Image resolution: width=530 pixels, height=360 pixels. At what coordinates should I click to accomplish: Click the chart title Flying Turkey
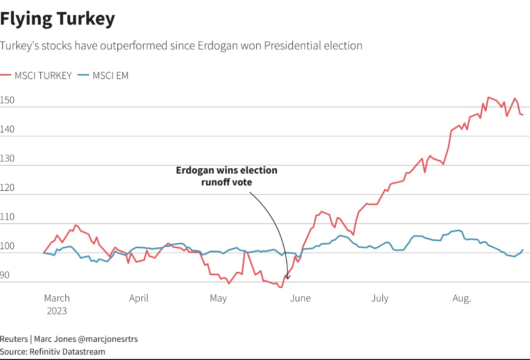57,19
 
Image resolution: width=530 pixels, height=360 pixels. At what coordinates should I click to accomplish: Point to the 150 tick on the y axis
7,101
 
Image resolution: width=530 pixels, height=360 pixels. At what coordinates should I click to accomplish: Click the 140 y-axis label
7,130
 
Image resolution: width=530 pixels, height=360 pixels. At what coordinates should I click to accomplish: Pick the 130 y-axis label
7,159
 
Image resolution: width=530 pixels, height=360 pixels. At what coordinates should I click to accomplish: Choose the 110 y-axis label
7,217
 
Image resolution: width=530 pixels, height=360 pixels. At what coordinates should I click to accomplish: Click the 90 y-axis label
5,276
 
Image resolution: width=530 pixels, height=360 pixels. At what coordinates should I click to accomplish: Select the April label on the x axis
139,298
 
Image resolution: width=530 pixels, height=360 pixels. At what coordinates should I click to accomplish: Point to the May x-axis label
218,298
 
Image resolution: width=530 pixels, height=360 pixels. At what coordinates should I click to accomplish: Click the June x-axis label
300,298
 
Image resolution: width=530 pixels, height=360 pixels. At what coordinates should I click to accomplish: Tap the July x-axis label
380,298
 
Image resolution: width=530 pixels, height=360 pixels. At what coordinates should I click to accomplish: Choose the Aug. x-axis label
461,298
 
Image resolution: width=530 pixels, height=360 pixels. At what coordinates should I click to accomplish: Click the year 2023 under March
57,311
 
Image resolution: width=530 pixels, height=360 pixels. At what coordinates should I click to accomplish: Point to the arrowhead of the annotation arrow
288,278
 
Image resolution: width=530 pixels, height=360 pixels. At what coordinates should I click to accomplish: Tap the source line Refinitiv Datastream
67,352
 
